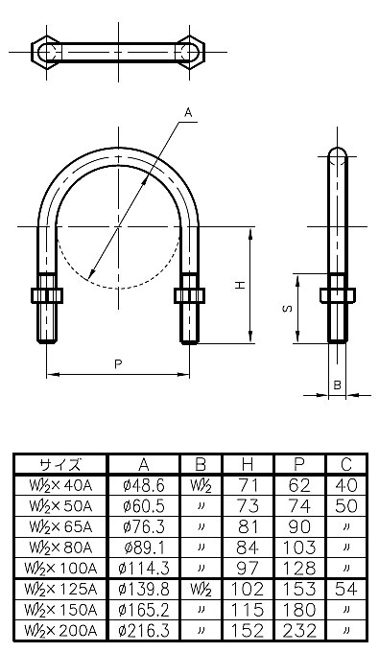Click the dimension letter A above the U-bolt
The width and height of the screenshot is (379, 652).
point(188,113)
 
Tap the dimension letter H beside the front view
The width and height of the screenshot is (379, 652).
point(240,286)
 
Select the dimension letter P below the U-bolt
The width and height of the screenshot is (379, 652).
point(119,363)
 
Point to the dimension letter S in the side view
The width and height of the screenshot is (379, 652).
point(288,309)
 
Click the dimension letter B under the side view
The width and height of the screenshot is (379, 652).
point(338,384)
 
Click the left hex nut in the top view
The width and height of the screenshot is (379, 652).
point(47,53)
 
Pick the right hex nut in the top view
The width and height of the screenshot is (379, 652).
point(190,53)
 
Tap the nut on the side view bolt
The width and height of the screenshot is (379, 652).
point(338,295)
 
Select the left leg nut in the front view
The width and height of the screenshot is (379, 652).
point(47,295)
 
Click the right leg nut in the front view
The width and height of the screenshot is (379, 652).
point(190,295)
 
